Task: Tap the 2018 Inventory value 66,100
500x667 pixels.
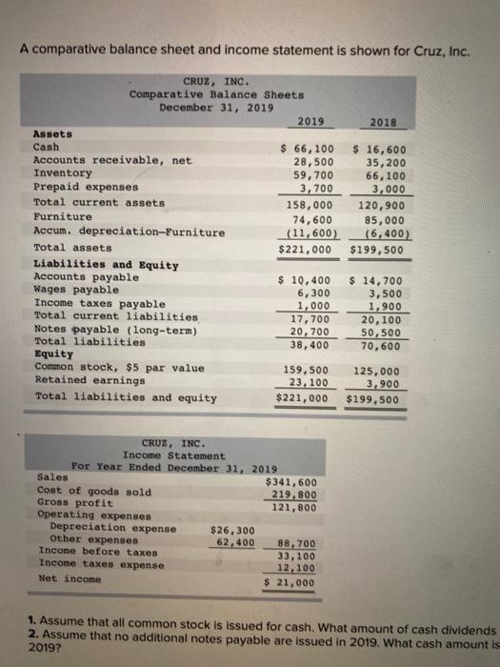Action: pyautogui.click(x=384, y=175)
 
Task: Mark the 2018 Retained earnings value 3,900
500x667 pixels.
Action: pyautogui.click(x=390, y=382)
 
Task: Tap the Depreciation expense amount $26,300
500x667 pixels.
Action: pyautogui.click(x=231, y=530)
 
